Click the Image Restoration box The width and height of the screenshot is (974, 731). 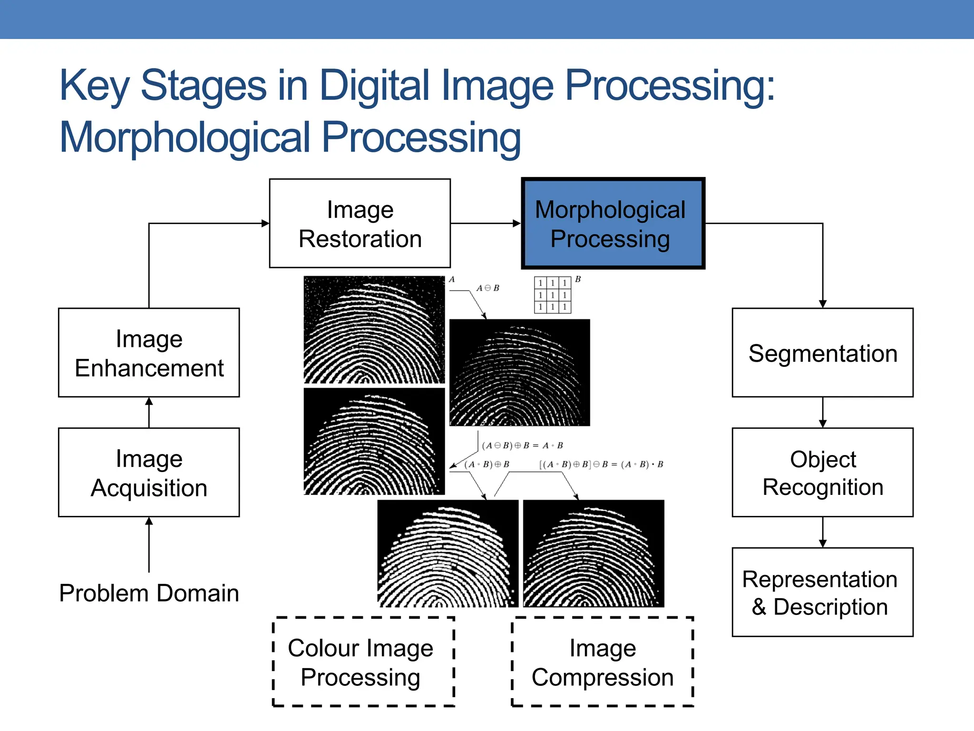pos(360,223)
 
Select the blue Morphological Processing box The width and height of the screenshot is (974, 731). pos(613,223)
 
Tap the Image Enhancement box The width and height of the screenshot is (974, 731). pos(149,353)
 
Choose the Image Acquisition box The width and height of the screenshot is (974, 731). pos(149,472)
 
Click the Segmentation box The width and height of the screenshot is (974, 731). pos(822,353)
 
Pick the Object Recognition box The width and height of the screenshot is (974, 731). pos(822,472)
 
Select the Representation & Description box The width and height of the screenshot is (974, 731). pos(822,592)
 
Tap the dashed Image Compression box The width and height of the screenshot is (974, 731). pos(602,662)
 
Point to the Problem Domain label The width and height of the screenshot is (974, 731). pos(149,593)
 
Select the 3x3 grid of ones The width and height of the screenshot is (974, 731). pos(552,295)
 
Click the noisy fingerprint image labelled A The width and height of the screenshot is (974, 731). pos(374,329)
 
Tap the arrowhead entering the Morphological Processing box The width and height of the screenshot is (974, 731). pos(516,223)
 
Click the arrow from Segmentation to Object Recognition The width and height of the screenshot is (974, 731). pos(823,413)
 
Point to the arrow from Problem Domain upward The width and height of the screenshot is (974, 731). pos(149,544)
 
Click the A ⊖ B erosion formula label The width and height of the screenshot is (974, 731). pos(488,288)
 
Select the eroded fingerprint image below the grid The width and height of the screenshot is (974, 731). pos(519,373)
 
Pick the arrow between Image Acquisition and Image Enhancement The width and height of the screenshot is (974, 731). pos(149,413)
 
